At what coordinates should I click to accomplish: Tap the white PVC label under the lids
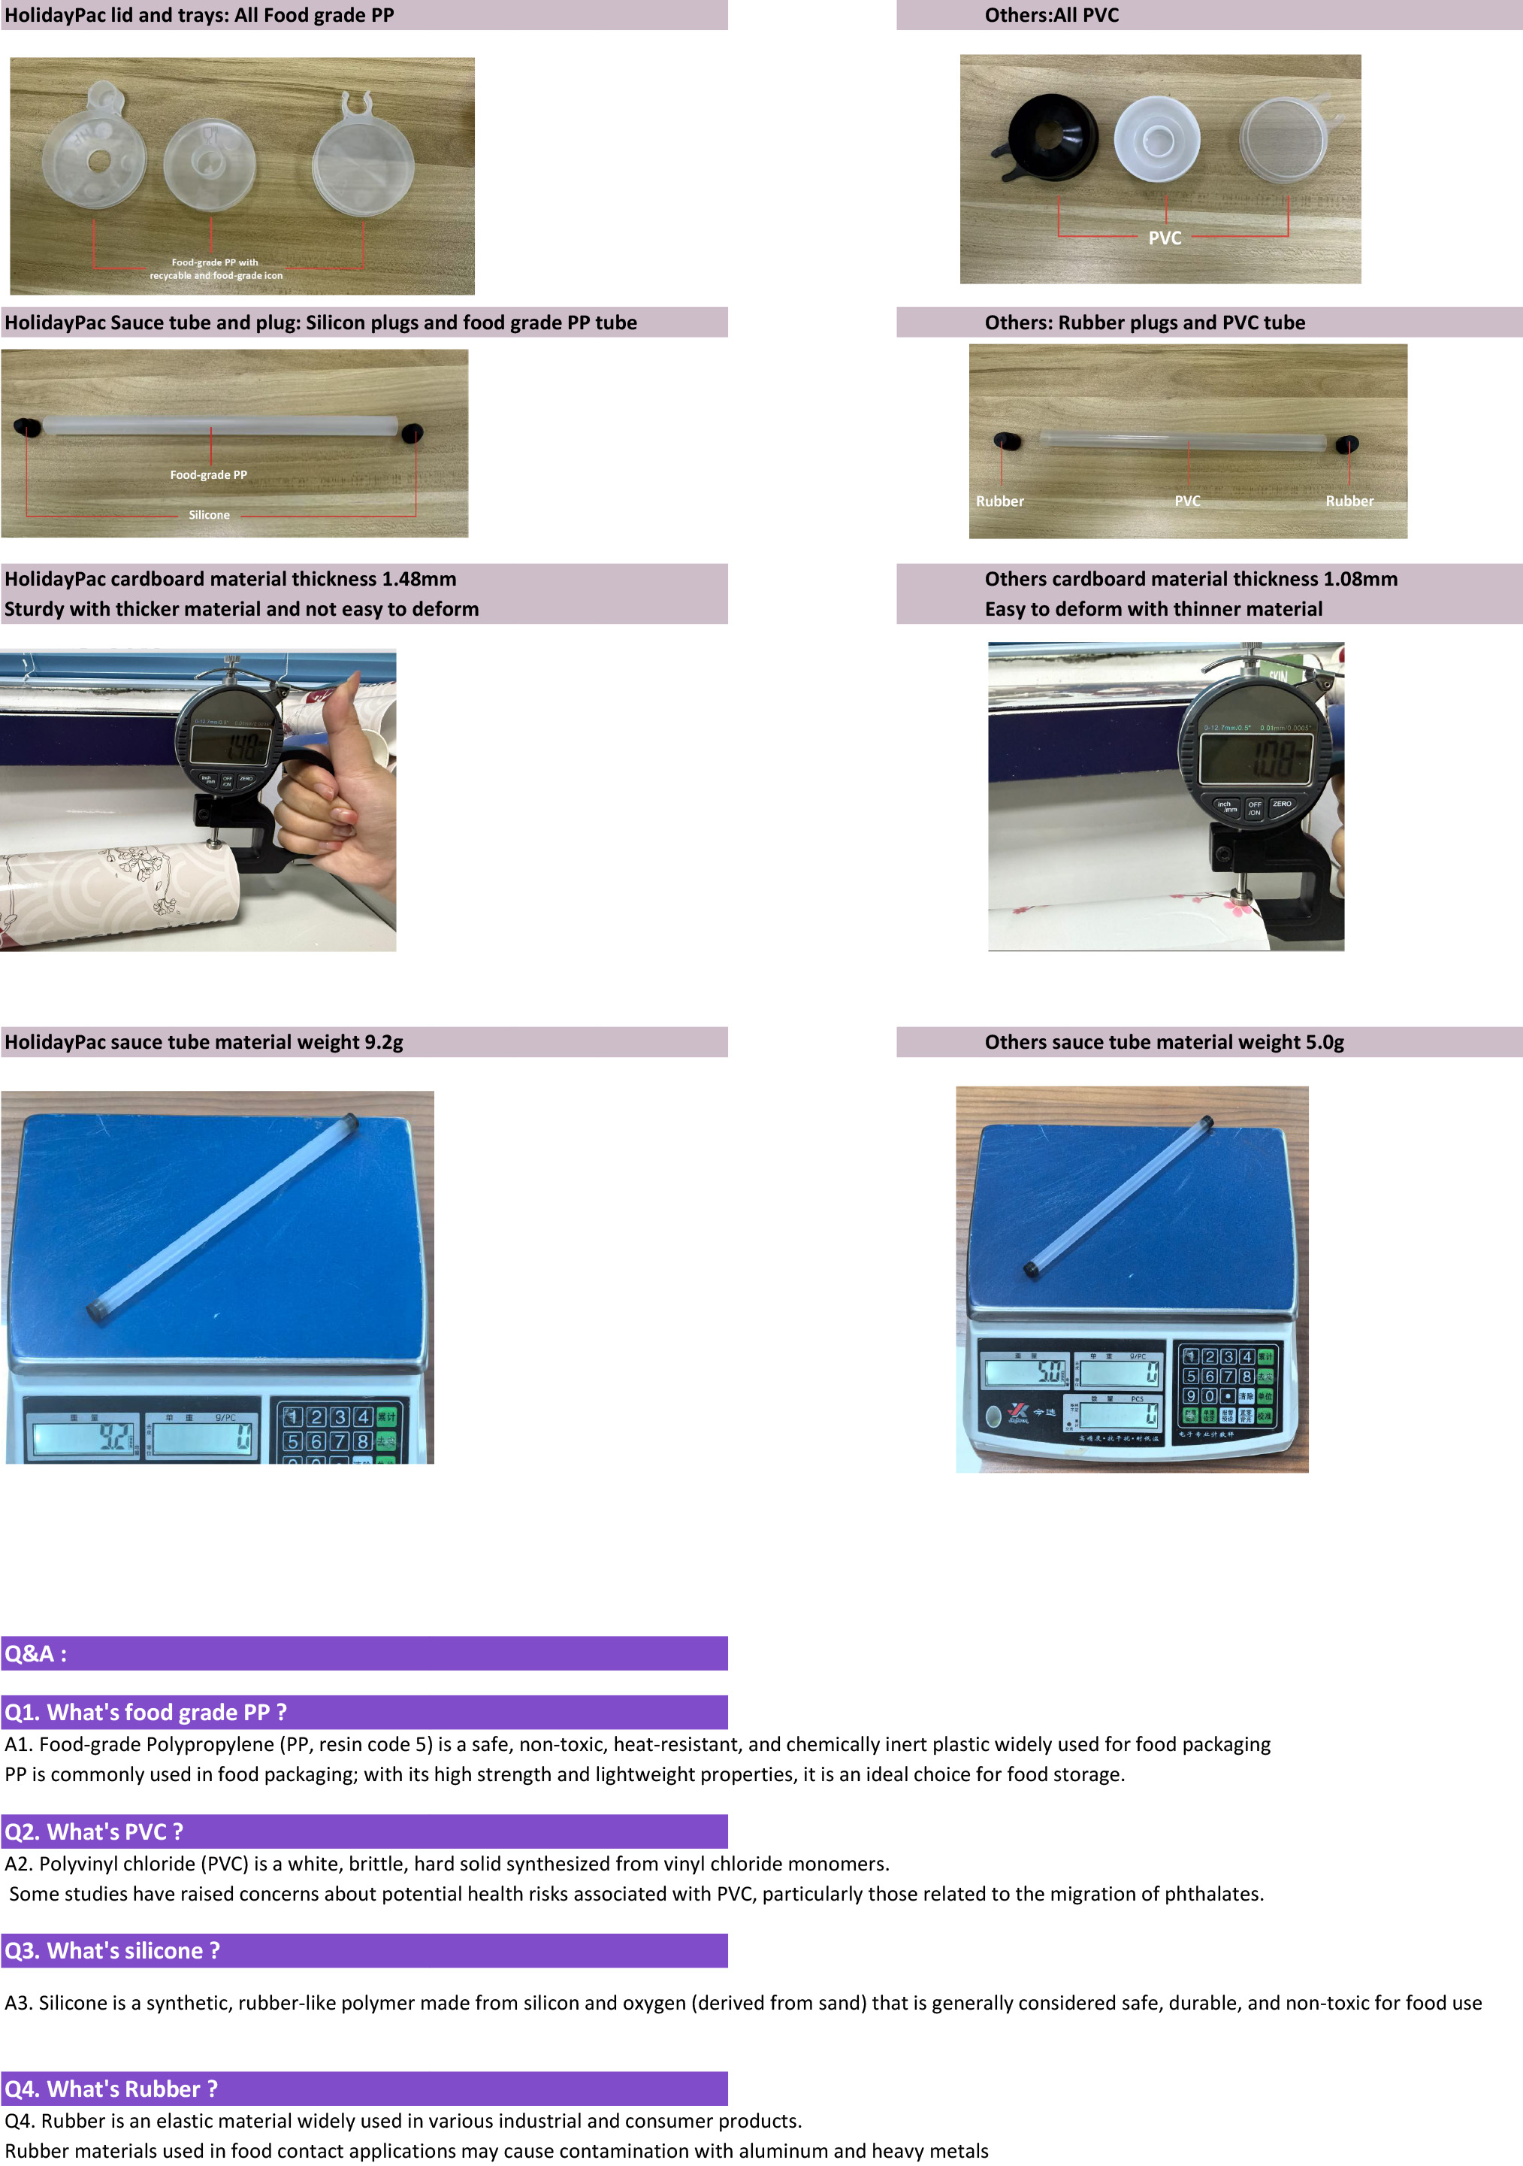point(1165,238)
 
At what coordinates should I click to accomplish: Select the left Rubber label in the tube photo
point(999,501)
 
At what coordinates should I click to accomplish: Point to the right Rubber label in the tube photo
point(1349,501)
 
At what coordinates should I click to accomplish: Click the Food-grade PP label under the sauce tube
point(208,474)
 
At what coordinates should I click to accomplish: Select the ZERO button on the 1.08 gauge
point(1282,804)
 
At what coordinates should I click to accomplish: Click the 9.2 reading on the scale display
point(115,1437)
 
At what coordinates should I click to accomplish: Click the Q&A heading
point(36,1654)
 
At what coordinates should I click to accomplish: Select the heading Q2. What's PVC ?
point(95,1831)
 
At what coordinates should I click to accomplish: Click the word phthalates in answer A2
point(1213,1893)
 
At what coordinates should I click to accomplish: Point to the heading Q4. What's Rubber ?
point(111,2089)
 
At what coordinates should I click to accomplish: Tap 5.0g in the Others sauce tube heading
point(1324,1043)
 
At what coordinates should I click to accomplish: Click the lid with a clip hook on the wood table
point(362,160)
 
